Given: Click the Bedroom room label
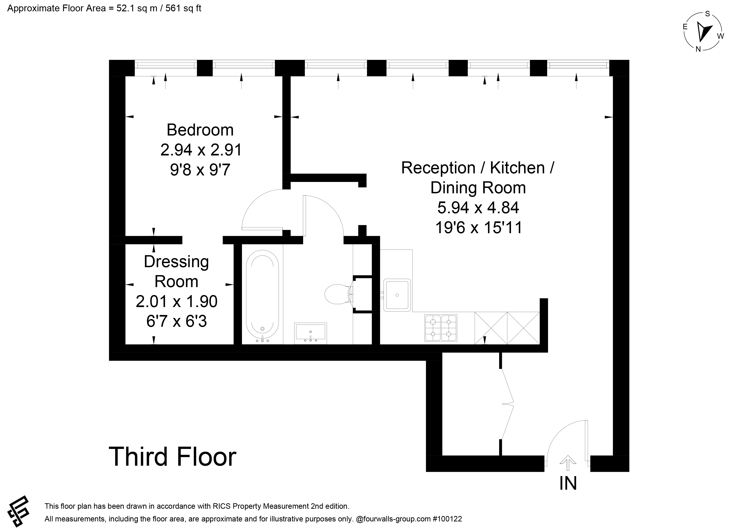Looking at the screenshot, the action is point(200,130).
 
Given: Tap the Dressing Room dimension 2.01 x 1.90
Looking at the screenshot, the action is point(176,301).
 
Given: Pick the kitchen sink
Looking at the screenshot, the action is point(397,295).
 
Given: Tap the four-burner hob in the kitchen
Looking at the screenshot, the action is point(441,328).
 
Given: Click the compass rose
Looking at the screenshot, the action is point(703,32).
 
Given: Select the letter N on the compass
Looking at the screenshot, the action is point(698,49).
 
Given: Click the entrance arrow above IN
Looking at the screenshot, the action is point(568,463).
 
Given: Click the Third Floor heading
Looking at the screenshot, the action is point(173,457).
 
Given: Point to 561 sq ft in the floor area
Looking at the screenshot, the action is point(183,8).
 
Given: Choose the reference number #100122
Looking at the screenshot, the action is point(447,519).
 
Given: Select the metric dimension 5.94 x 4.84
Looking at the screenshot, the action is point(478,207).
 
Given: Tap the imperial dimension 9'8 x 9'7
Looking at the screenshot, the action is point(200,170).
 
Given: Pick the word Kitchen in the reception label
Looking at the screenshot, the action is point(517,168).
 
